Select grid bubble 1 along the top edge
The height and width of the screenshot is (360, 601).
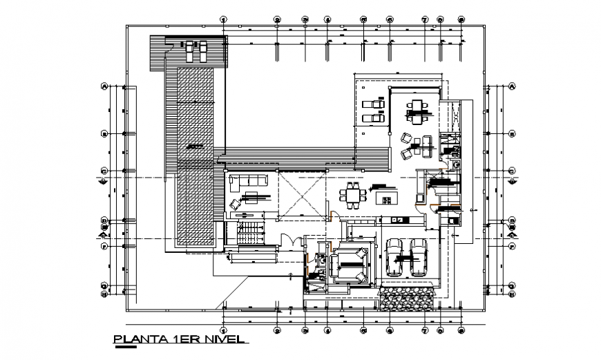(223, 20)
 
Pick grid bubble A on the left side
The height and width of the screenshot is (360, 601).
(105, 87)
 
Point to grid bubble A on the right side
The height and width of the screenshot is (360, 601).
(512, 87)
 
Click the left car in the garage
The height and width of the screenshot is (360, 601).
(395, 257)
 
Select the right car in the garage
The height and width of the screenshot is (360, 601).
(418, 257)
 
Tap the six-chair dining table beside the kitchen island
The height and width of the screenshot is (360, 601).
(354, 195)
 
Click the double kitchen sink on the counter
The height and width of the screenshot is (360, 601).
(400, 220)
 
